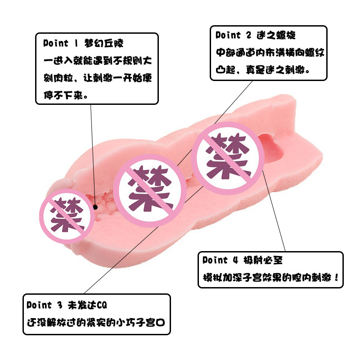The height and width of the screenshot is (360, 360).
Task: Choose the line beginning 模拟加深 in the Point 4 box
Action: [x=268, y=275]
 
